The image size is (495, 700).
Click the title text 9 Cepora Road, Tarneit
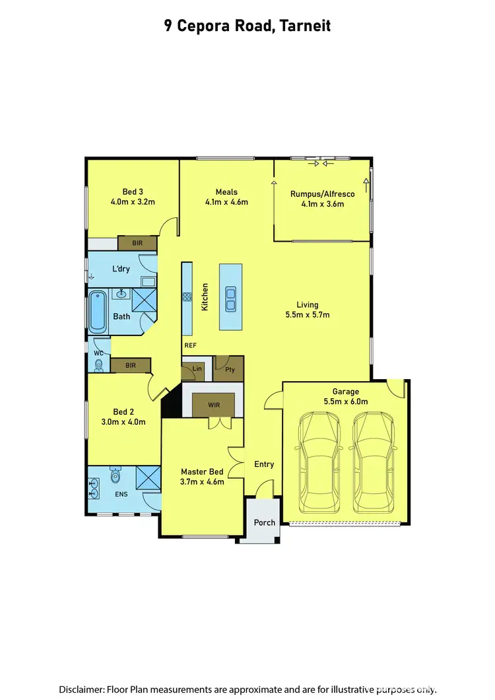click(x=247, y=26)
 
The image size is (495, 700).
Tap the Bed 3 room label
click(x=133, y=192)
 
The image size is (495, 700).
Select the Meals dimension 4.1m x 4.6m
click(x=226, y=202)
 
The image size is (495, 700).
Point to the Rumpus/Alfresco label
click(x=323, y=194)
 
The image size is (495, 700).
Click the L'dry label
click(x=121, y=269)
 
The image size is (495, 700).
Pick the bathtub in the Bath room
click(x=97, y=311)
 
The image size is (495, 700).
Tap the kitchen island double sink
click(x=230, y=298)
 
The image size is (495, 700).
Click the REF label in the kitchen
click(x=190, y=346)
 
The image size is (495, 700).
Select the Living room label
click(x=308, y=304)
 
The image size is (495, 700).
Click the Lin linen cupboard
click(x=196, y=369)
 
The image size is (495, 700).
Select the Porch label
click(x=265, y=522)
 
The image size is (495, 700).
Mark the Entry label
click(x=264, y=464)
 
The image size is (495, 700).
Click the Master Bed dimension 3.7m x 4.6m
click(x=203, y=481)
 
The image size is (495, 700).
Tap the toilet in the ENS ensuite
click(x=116, y=475)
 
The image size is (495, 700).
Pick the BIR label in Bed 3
click(x=137, y=244)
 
